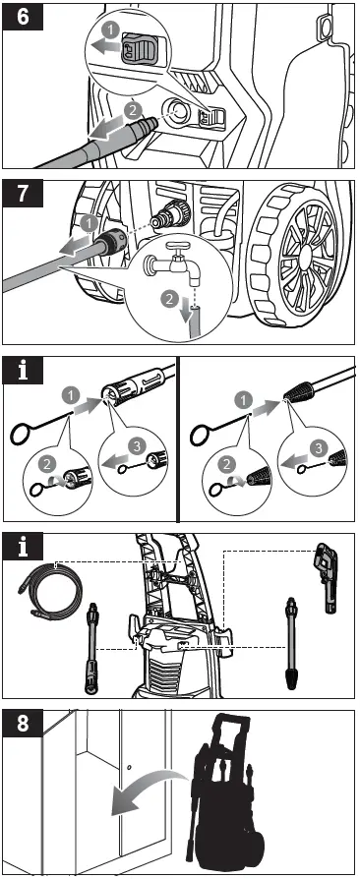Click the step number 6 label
tap(23, 17)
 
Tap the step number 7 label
tap(23, 194)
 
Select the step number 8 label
tap(23, 723)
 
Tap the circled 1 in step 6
tap(111, 30)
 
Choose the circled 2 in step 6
tap(133, 110)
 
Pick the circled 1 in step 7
tap(87, 223)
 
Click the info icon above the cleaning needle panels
tap(23, 371)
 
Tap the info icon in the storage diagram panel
tap(23, 547)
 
